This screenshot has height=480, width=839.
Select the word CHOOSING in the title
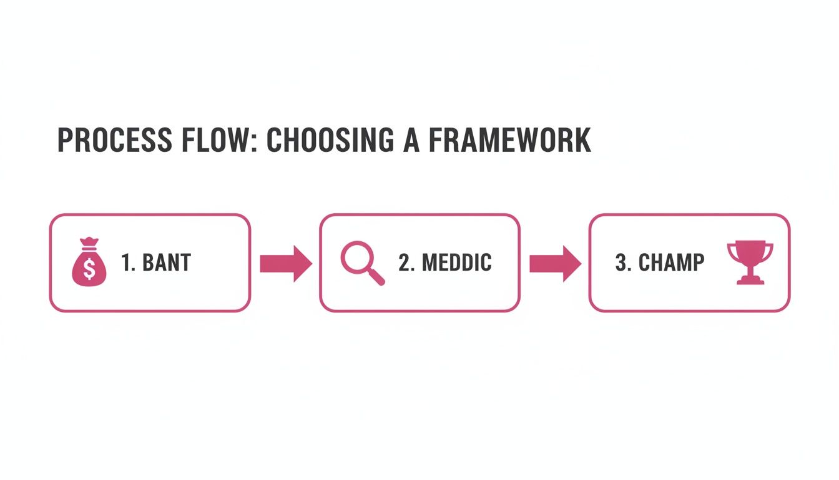tap(330, 140)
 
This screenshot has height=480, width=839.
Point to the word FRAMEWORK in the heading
tap(510, 140)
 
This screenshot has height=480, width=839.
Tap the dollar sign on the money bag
tap(89, 270)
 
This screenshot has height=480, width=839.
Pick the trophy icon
tap(750, 262)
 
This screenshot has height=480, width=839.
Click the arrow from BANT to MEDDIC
tap(285, 263)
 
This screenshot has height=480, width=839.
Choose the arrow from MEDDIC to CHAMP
tap(555, 263)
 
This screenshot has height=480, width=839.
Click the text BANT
tap(167, 263)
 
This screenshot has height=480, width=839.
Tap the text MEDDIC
tap(457, 263)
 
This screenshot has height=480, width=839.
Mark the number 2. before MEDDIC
tap(406, 263)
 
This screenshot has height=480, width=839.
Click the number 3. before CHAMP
tap(624, 263)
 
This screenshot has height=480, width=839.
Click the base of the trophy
tap(750, 281)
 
